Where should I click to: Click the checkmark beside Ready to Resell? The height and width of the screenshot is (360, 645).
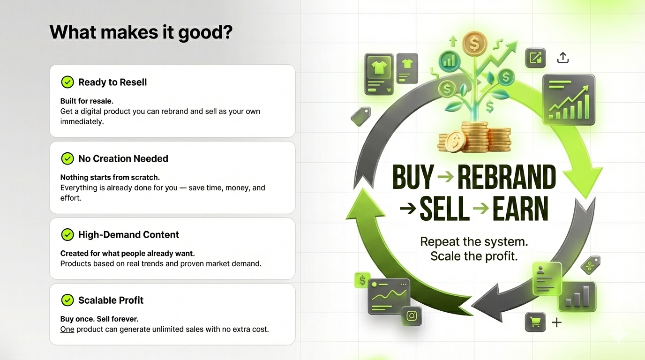tap(67, 82)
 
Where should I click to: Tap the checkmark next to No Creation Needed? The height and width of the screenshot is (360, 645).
tap(67, 158)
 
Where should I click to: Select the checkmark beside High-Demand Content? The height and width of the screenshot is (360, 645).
tap(67, 235)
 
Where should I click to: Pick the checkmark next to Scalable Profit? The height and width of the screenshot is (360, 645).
tap(67, 300)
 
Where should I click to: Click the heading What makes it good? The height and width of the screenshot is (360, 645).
tap(141, 32)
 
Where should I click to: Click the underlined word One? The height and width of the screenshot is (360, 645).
tap(67, 329)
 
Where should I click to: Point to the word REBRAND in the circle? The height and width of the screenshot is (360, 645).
tap(507, 177)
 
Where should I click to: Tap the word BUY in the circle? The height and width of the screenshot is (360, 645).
tap(413, 177)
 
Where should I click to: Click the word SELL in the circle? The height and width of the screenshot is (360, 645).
tap(444, 209)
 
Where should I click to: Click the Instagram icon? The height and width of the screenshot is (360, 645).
tap(412, 316)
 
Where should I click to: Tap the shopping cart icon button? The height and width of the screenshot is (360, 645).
tap(535, 322)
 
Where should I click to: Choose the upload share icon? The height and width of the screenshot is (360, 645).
tap(563, 58)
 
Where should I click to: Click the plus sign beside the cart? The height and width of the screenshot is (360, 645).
tap(556, 322)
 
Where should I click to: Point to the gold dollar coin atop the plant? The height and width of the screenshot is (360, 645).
tap(474, 44)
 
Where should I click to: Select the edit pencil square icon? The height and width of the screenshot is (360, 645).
tap(536, 58)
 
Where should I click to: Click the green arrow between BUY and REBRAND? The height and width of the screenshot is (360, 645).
tap(446, 177)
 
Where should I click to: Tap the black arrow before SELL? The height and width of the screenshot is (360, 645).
tap(408, 208)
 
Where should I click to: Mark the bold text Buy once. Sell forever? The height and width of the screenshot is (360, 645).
tap(99, 319)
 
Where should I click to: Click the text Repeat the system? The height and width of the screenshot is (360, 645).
tap(474, 241)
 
